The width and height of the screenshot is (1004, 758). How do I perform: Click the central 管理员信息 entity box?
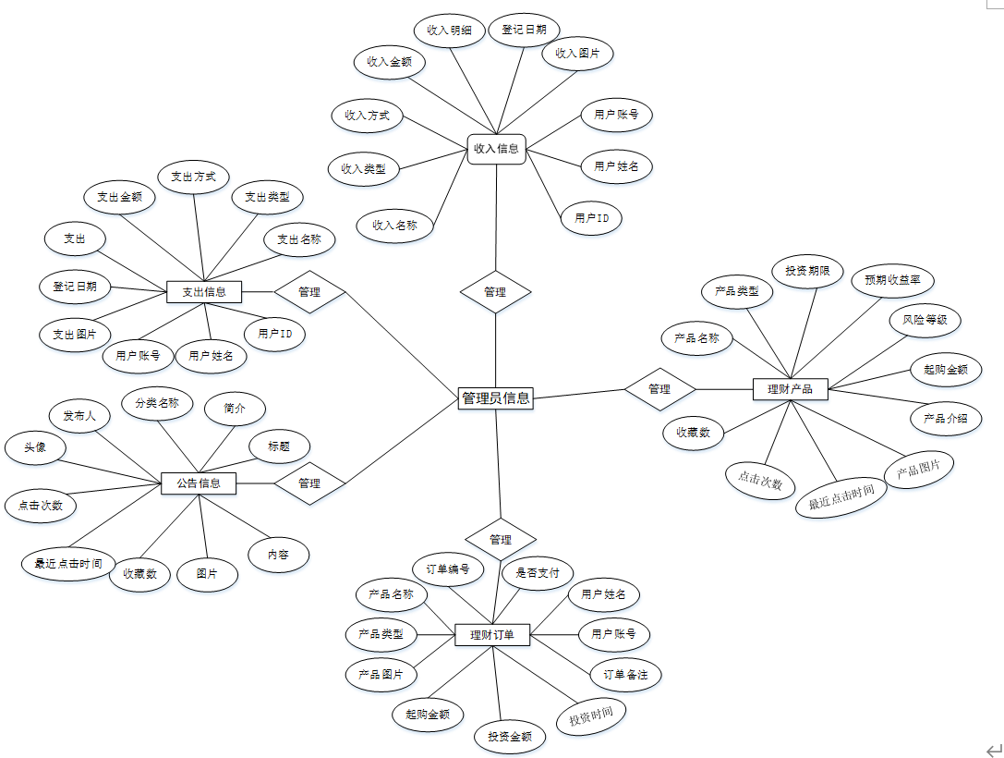click(496, 398)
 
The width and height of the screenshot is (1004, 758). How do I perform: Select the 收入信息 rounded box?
click(496, 148)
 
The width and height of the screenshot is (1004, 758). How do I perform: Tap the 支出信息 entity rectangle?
click(203, 292)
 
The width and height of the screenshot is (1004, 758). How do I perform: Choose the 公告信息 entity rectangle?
click(198, 483)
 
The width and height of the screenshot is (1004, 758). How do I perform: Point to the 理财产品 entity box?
click(790, 389)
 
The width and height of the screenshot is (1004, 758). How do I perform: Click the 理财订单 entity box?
click(492, 635)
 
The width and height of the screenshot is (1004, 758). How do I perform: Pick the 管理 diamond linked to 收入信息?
click(496, 292)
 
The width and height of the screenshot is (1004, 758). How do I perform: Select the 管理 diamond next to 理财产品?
click(659, 389)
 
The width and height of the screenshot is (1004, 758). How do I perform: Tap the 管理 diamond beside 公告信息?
click(309, 483)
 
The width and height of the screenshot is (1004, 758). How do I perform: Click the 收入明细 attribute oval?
click(450, 31)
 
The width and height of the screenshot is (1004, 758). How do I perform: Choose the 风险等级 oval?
click(925, 321)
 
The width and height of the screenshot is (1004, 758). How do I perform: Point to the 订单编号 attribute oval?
click(447, 568)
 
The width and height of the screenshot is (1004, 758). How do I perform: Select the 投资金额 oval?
click(509, 737)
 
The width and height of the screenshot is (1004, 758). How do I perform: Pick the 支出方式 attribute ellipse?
click(193, 177)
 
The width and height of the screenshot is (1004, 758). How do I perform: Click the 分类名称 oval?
click(157, 403)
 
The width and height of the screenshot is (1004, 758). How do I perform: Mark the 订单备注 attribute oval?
click(625, 675)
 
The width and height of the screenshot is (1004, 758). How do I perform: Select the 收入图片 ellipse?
click(577, 54)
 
